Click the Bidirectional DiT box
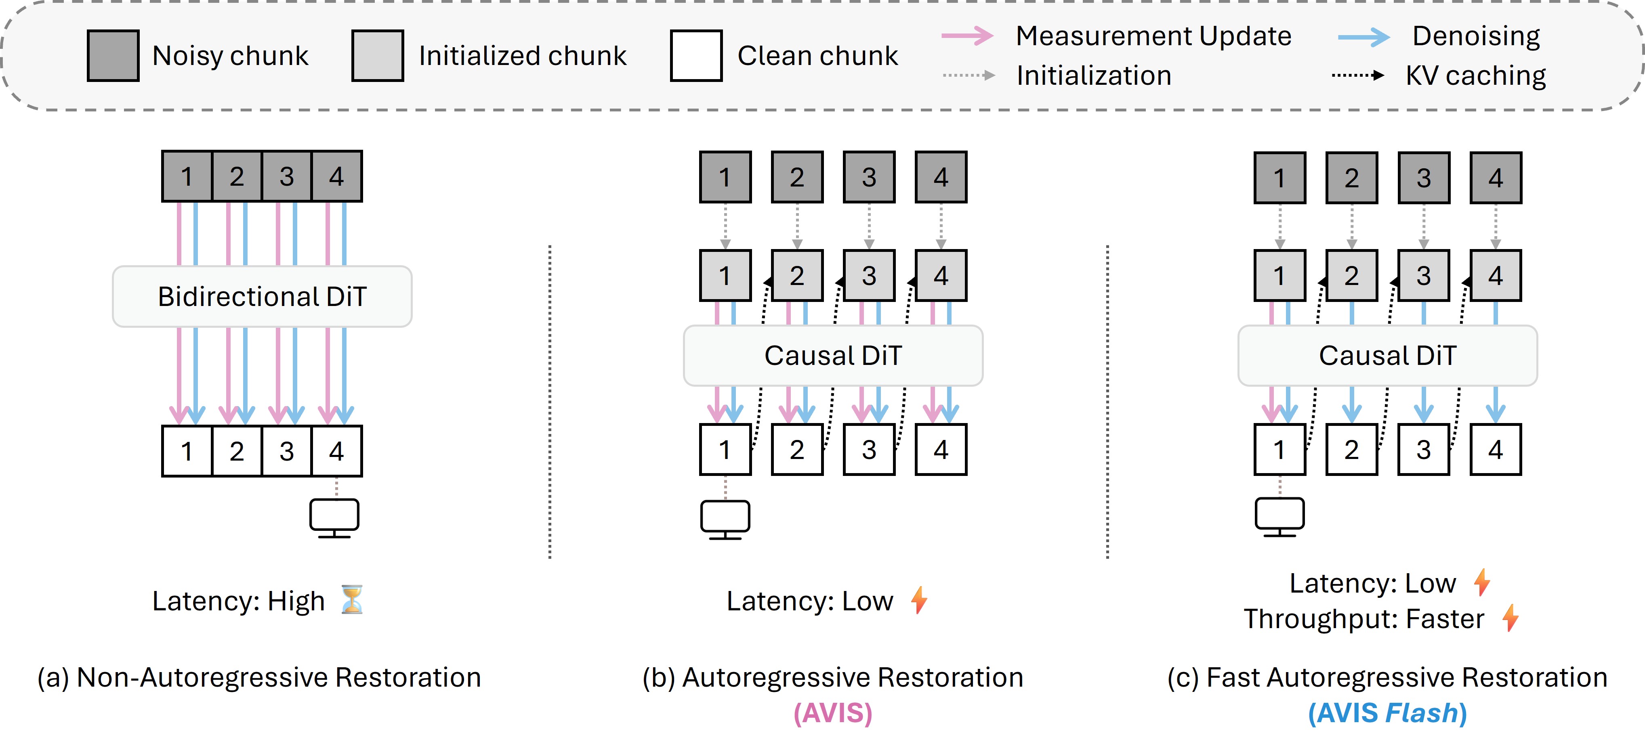click(262, 297)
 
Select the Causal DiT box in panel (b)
click(833, 356)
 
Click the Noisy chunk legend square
click(113, 56)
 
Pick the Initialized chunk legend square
click(377, 56)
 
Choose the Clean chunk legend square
click(696, 56)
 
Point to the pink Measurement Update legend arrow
click(967, 36)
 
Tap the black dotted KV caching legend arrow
click(1357, 75)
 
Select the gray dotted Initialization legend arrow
click(969, 75)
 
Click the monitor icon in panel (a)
click(334, 518)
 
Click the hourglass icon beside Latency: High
click(352, 599)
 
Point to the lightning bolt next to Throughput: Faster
click(1510, 618)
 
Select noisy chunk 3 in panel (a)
click(287, 176)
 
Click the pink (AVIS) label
click(833, 713)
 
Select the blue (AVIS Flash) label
click(1387, 713)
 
